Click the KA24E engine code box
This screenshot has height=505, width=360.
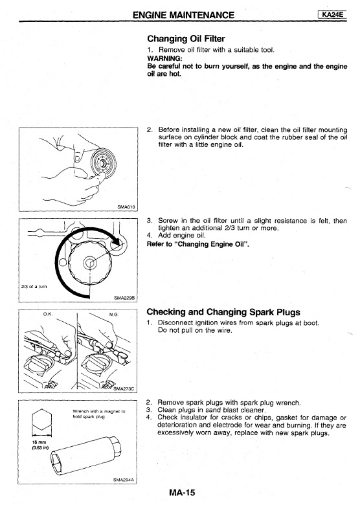[332, 14]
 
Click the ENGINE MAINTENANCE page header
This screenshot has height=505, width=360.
[183, 15]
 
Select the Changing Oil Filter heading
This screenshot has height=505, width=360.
[186, 39]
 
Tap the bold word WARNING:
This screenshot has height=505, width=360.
[164, 58]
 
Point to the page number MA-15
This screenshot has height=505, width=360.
[181, 493]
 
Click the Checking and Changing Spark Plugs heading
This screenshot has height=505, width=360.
[223, 312]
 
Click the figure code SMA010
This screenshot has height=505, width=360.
[126, 207]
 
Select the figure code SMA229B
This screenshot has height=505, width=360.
[124, 298]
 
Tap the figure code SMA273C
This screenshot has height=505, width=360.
[123, 388]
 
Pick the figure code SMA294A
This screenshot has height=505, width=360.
[123, 480]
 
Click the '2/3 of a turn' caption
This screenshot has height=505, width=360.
[34, 286]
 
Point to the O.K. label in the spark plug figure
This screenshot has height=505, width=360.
[48, 314]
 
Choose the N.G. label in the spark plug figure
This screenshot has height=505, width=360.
[114, 314]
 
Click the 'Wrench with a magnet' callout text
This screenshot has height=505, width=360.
[99, 414]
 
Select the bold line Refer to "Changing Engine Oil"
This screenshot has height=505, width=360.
[197, 244]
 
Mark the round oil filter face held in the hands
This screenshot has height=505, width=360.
[103, 162]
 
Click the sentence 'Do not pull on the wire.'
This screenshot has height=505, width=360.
[195, 330]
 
